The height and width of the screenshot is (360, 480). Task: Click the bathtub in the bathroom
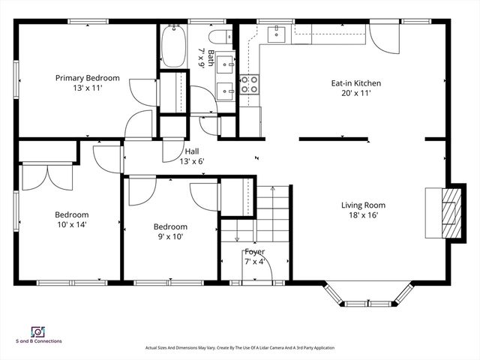[172, 46]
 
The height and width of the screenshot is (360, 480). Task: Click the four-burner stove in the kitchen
[249, 84]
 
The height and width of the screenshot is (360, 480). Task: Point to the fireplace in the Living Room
[447, 211]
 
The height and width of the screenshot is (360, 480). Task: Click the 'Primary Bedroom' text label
[87, 77]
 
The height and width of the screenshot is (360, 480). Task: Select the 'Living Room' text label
[363, 205]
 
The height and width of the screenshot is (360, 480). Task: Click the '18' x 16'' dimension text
[363, 215]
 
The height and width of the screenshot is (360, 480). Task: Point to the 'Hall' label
[192, 151]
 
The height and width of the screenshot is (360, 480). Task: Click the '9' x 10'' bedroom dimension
[169, 236]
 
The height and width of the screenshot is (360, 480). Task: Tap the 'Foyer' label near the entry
[255, 252]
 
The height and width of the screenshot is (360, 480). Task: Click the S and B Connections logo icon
[36, 331]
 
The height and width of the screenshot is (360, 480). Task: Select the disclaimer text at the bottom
[240, 348]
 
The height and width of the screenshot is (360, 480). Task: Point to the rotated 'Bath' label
[211, 58]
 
